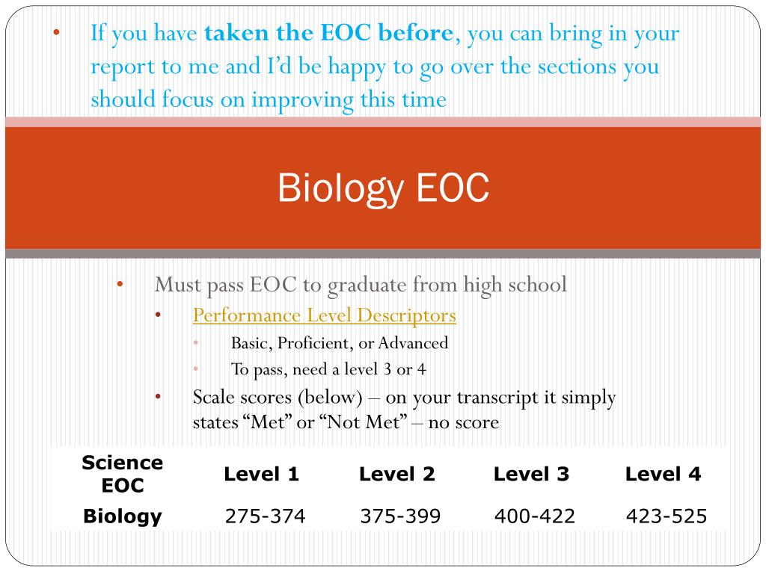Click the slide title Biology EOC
[x=383, y=188]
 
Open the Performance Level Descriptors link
[x=324, y=315]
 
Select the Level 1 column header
[x=262, y=474]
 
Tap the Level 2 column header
[x=396, y=474]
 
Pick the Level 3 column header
[x=531, y=474]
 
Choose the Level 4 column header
[x=663, y=474]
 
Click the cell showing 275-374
[x=265, y=516]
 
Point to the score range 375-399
[x=400, y=516]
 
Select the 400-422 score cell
[x=534, y=516]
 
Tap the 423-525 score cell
[x=666, y=516]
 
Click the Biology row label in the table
[x=123, y=516]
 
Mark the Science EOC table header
[x=123, y=474]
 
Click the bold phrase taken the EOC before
[x=328, y=34]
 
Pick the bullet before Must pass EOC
[x=120, y=285]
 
